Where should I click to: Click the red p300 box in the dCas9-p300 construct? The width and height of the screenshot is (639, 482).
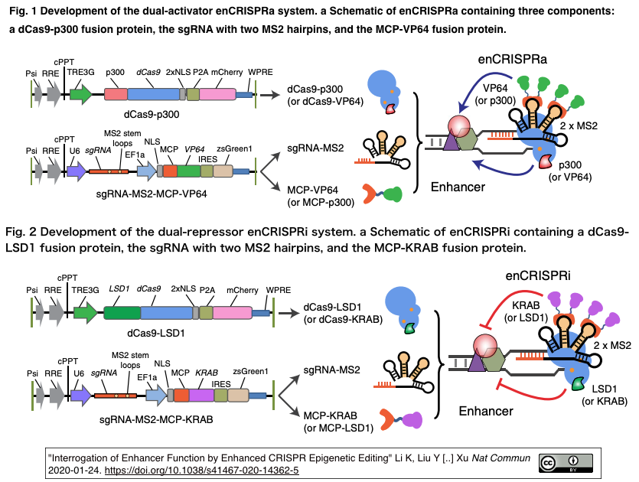115,94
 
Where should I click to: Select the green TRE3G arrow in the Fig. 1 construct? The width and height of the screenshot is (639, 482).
80,94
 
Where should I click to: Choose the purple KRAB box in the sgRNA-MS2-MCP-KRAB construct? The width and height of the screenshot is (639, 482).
202,396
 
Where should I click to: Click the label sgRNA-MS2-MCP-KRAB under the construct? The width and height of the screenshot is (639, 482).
156,419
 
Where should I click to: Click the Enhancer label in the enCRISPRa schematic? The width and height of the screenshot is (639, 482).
458,187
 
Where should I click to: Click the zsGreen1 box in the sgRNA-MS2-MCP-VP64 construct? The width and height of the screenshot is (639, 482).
223,172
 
